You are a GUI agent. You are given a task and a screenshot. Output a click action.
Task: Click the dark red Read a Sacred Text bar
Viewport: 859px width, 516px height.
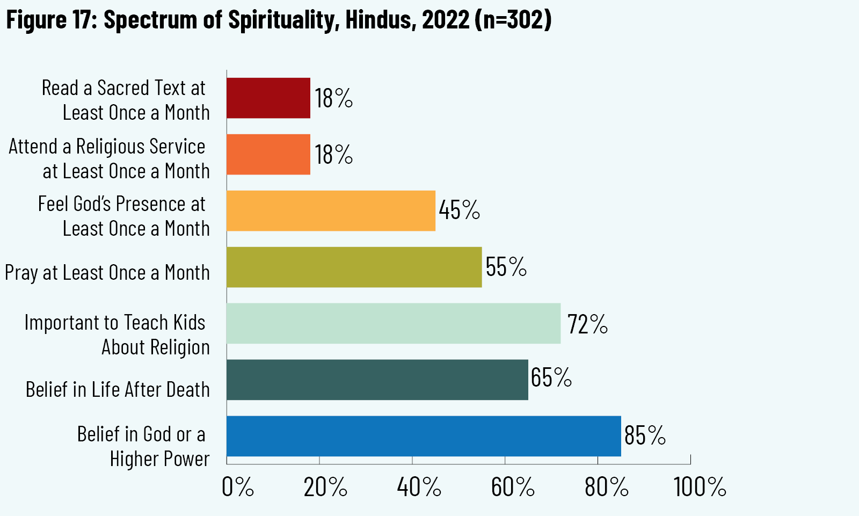268,98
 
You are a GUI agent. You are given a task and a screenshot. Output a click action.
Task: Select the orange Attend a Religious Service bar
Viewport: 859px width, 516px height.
268,155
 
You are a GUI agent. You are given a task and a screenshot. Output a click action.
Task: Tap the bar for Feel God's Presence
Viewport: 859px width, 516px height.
331,211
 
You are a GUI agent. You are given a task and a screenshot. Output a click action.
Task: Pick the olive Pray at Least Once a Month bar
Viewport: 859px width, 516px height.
354,267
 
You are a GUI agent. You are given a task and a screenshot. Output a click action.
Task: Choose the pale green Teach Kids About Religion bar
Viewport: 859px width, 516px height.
393,323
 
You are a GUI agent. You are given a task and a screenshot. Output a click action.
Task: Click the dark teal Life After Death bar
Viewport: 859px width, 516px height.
377,380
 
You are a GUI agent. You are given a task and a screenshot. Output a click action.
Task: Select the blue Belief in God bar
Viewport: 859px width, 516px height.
424,436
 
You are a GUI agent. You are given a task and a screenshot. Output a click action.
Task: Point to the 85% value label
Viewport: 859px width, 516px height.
645,435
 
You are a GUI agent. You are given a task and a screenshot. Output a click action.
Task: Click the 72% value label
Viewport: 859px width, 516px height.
587,324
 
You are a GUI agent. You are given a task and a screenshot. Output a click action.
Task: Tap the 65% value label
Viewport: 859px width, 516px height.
551,377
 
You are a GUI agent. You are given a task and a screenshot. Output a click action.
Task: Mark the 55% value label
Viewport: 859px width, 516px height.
506,267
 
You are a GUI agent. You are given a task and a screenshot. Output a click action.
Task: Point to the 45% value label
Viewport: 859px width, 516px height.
460,210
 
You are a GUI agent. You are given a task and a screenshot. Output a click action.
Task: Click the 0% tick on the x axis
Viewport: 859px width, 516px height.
238,488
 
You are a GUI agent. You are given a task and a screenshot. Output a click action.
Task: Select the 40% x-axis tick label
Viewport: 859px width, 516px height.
419,488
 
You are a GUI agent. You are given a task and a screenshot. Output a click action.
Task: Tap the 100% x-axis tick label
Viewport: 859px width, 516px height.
700,488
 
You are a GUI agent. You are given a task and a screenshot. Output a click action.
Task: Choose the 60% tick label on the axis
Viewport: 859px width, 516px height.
513,488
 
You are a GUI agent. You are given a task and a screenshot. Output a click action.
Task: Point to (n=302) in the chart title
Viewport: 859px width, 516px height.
513,20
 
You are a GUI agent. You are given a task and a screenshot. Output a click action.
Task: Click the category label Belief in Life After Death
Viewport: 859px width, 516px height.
118,390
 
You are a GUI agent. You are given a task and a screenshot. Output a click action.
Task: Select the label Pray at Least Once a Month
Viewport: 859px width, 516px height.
107,273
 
